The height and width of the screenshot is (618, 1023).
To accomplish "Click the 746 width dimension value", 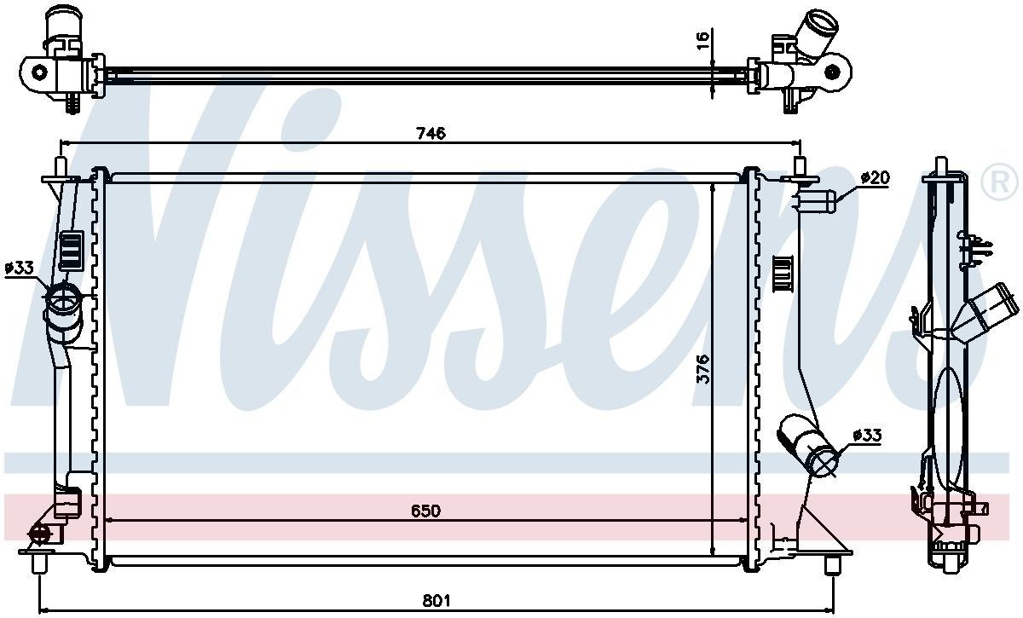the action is click(431, 133).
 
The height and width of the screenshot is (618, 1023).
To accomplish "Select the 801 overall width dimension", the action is click(436, 600).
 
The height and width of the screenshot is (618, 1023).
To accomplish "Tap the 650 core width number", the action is click(425, 511).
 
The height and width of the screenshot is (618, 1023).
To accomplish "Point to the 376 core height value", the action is click(703, 368).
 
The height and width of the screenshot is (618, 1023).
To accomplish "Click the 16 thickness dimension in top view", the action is click(703, 40).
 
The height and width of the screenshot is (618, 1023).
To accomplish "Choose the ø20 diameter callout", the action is click(875, 177).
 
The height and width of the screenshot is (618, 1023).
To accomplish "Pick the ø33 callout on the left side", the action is click(19, 268).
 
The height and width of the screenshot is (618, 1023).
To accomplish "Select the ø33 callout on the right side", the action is click(867, 436).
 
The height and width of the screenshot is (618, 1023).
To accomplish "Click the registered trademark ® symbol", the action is click(999, 182).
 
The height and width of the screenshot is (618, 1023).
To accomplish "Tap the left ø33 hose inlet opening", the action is click(62, 298).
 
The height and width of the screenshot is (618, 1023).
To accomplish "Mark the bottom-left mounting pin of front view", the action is click(39, 562).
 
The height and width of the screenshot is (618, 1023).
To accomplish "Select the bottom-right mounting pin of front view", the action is click(833, 564).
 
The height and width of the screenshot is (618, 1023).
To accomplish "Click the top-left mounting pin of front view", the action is click(61, 167).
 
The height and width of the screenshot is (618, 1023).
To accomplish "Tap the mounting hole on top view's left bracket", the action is click(40, 72).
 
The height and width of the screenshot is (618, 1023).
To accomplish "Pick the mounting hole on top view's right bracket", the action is click(832, 72).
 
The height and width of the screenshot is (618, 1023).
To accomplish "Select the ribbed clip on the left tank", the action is click(72, 251).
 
